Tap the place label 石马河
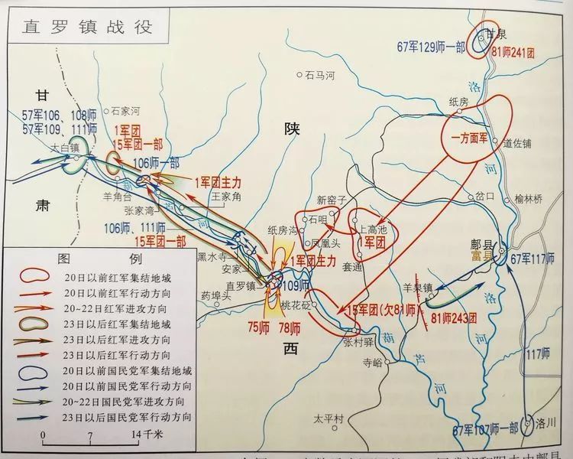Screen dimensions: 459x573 320,75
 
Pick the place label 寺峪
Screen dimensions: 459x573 372,366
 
